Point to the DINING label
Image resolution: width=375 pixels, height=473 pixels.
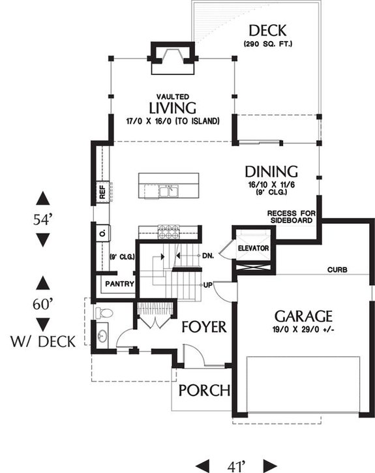(271, 172)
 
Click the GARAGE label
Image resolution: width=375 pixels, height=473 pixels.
(304, 316)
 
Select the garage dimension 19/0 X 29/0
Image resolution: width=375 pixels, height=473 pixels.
(304, 330)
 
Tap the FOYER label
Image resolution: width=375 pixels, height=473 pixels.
(203, 326)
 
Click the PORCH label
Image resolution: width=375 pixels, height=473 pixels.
(204, 391)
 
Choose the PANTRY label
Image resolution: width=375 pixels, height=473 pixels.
(119, 284)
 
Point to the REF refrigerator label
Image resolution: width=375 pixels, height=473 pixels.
(102, 192)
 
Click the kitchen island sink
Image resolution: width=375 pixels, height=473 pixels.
(171, 191)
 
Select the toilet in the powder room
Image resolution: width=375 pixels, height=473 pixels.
(103, 314)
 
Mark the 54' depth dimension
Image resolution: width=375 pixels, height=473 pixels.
(43, 219)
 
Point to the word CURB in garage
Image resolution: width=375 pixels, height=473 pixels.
(337, 269)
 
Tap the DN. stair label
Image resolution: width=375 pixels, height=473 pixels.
(209, 255)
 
